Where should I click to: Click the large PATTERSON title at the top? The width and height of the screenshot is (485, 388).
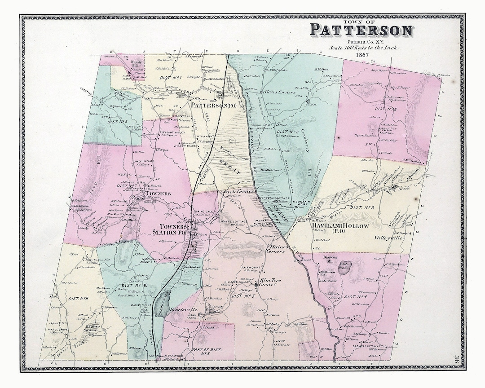pyautogui.click(x=361, y=31)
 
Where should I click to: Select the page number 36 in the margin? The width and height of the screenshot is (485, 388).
pyautogui.click(x=456, y=357)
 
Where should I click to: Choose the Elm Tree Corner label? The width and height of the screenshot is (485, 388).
pyautogui.click(x=268, y=282)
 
